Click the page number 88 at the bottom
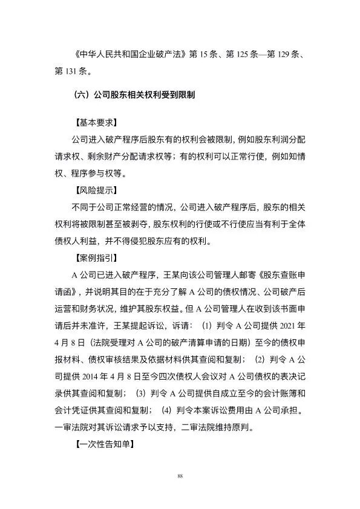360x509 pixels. tap(180, 477)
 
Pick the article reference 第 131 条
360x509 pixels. tap(65, 73)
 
